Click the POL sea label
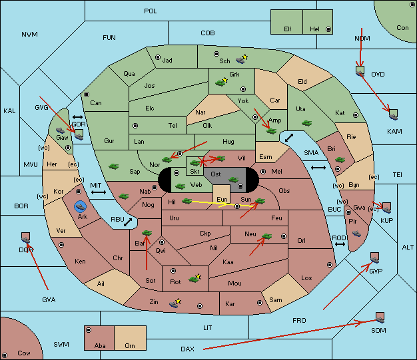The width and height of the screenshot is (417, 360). pyautogui.click(x=151, y=11)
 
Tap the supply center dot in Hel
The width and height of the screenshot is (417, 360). pyautogui.click(x=328, y=29)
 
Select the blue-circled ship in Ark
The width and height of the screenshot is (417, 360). pyautogui.click(x=80, y=207)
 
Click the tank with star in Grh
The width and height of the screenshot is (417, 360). pyautogui.click(x=221, y=82)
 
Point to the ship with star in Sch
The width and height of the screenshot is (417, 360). pyautogui.click(x=241, y=59)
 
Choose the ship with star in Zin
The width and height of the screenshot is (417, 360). pyautogui.click(x=175, y=303)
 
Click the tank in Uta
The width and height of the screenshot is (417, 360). pyautogui.click(x=306, y=123)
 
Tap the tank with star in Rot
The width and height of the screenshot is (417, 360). pyautogui.click(x=195, y=279)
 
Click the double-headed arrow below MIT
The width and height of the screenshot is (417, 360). pyautogui.click(x=99, y=192)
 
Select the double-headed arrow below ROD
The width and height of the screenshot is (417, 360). pyautogui.click(x=340, y=244)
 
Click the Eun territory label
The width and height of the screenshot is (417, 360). pyautogui.click(x=222, y=200)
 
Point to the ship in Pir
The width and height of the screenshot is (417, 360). pyautogui.click(x=356, y=234)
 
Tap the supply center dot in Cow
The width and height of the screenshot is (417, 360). pyautogui.click(x=5, y=355)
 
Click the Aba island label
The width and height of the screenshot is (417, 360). pyautogui.click(x=100, y=345)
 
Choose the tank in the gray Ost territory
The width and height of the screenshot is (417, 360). pyautogui.click(x=233, y=180)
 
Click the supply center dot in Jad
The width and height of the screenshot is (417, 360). pyautogui.click(x=158, y=57)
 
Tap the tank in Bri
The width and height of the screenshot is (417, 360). pyautogui.click(x=340, y=160)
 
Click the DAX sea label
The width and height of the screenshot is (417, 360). pyautogui.click(x=187, y=349)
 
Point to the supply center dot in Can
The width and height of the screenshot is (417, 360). pyautogui.click(x=87, y=94)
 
